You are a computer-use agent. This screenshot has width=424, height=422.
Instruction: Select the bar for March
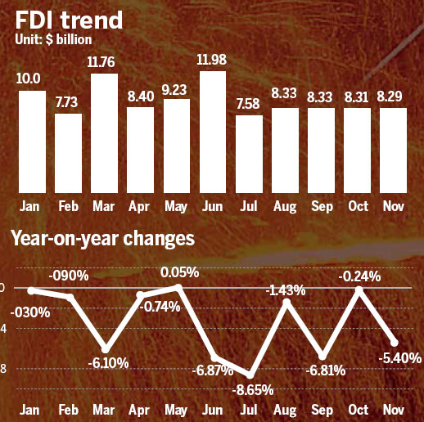104,133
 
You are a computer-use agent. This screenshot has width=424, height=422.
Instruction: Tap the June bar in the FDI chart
212,131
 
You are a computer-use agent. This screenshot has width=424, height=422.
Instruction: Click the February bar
68,152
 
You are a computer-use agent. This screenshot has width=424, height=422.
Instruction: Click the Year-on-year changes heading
102,239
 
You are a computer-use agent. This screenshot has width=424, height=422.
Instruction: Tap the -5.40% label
400,357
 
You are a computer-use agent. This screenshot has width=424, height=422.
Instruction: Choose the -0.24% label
359,276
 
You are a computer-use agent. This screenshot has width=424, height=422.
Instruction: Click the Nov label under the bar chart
394,204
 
